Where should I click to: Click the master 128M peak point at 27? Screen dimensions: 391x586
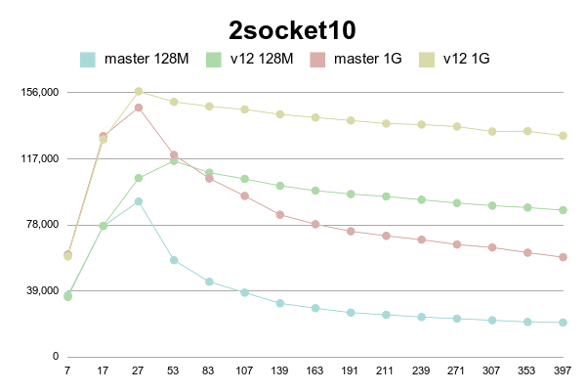coord(139,201)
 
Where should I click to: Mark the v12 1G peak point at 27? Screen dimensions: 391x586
coord(139,92)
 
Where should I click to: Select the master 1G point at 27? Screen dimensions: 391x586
coord(139,108)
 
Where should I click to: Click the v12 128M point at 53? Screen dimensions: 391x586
coord(174,160)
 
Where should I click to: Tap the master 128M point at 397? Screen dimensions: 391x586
coord(563,323)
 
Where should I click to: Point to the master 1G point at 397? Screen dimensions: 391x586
coord(563,257)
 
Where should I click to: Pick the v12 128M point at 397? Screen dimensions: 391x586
coord(563,210)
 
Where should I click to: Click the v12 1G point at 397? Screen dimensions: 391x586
coord(563,136)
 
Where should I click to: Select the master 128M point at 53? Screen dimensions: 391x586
coord(174,260)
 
